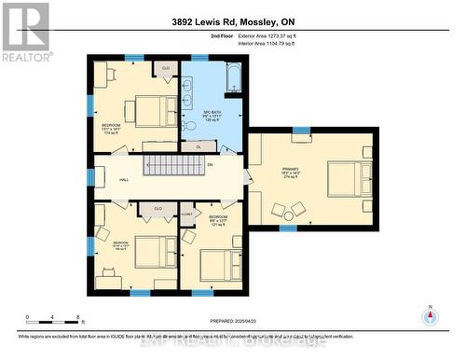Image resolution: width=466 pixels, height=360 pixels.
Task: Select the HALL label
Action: [123, 180]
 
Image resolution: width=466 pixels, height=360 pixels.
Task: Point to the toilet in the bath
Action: [190, 124]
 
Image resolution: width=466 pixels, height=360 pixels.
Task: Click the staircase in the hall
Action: [171, 166]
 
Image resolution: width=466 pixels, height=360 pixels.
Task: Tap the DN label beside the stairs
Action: [211, 165]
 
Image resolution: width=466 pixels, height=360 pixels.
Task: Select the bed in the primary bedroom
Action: [344, 178]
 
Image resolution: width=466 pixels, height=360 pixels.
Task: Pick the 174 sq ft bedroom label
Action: [110, 129]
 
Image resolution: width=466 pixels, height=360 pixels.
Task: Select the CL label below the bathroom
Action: [199, 146]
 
